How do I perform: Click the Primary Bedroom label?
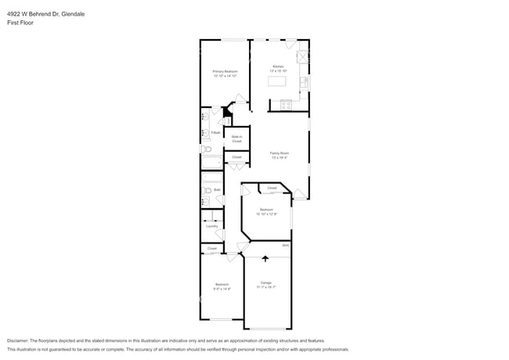(225, 73)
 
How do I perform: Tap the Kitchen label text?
(279, 68)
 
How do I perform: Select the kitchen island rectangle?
(278, 81)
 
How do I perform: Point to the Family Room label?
(280, 154)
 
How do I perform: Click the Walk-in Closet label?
(236, 139)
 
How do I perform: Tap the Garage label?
(265, 284)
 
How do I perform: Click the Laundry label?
(211, 226)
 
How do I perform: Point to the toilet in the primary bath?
(206, 149)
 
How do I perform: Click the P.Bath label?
(215, 133)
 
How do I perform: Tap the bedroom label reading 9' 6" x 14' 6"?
(222, 286)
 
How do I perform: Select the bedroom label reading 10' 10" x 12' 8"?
(266, 211)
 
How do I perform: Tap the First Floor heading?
(20, 23)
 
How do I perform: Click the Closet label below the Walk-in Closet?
(236, 157)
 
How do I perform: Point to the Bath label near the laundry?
(217, 189)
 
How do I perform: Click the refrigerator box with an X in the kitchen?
(302, 57)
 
